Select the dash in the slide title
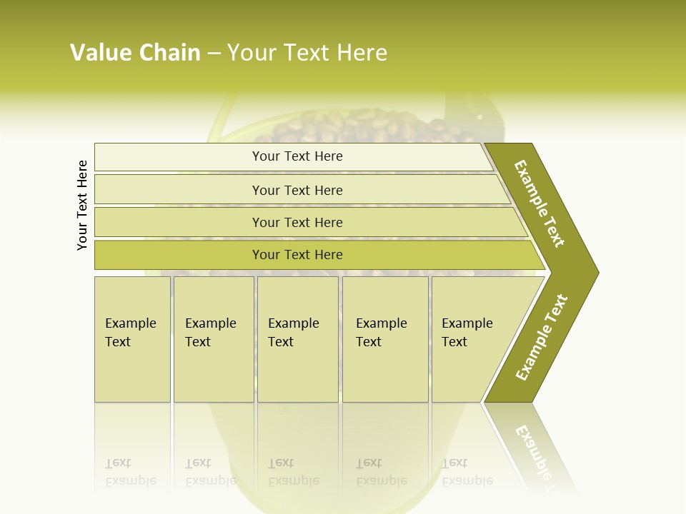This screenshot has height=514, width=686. (214, 54)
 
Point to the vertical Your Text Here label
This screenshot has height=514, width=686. (82, 205)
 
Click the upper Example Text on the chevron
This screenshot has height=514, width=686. (540, 203)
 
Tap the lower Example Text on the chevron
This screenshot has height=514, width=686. (542, 337)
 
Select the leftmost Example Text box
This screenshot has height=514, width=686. (132, 339)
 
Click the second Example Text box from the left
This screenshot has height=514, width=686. (213, 339)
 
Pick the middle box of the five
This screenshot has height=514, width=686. (297, 339)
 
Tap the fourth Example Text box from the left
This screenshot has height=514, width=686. (384, 339)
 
